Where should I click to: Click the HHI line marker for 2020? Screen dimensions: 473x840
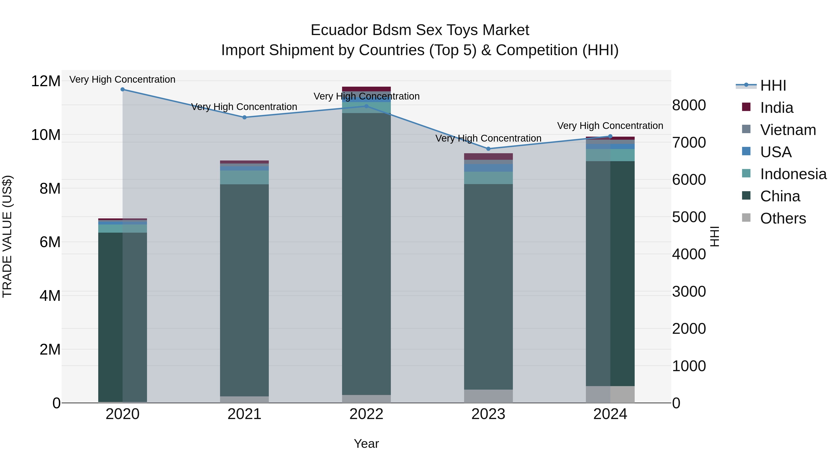[122, 89]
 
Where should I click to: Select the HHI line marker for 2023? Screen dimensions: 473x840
[488, 149]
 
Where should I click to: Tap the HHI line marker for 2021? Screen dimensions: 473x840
[245, 117]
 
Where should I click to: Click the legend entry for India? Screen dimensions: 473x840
[776, 108]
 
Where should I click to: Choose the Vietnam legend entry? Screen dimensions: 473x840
[787, 130]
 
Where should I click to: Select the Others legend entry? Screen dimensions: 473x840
[783, 218]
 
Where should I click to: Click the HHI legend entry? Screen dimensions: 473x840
[773, 85]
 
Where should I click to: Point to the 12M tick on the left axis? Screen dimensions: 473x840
[46, 81]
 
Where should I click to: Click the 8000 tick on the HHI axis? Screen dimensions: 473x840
[689, 105]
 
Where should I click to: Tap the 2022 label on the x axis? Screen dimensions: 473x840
[366, 414]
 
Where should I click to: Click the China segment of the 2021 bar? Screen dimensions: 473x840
[245, 291]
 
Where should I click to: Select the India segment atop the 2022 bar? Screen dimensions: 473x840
[366, 89]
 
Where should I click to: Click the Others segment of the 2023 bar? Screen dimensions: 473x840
[488, 396]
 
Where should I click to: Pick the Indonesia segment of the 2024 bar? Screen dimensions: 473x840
[610, 155]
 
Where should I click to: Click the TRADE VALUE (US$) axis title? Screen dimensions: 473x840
[7, 236]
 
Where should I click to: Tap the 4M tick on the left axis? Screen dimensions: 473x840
[50, 296]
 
